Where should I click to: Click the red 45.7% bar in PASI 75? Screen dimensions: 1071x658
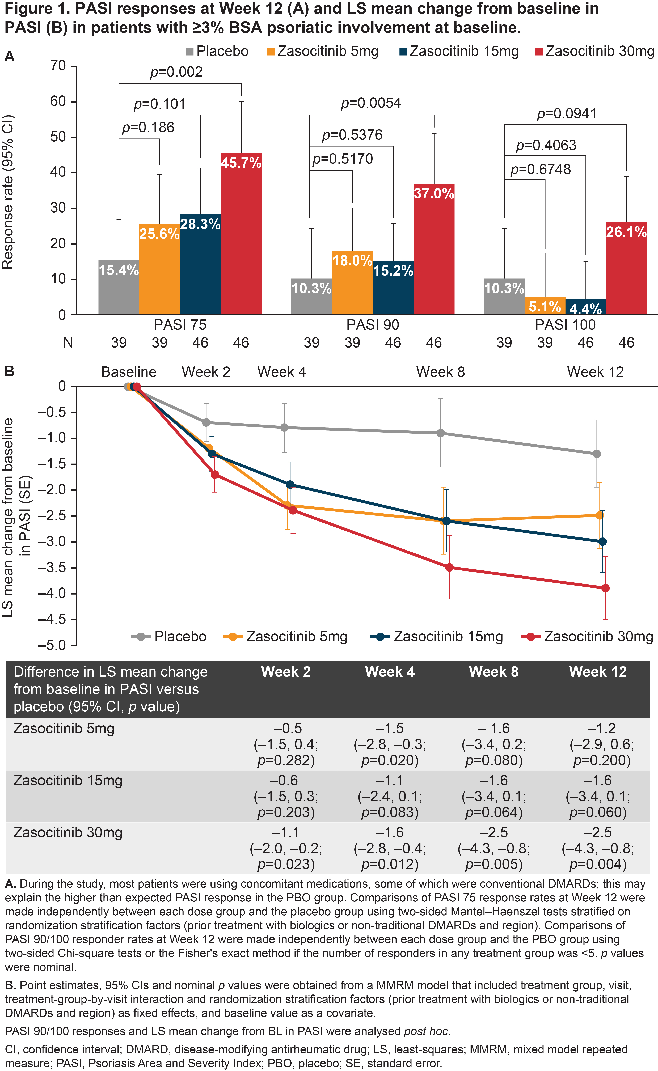[x=241, y=235]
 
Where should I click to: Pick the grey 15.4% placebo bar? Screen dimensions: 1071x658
[x=119, y=287]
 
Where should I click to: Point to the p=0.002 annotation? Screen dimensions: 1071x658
[x=176, y=72]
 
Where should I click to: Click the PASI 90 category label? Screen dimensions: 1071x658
[x=373, y=324]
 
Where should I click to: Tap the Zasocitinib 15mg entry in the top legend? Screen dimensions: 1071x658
[x=459, y=51]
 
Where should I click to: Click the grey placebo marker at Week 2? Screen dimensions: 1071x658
[x=206, y=422]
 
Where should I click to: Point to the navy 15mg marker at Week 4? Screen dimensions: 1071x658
[x=290, y=485]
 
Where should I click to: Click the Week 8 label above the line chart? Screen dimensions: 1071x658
[x=440, y=372]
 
